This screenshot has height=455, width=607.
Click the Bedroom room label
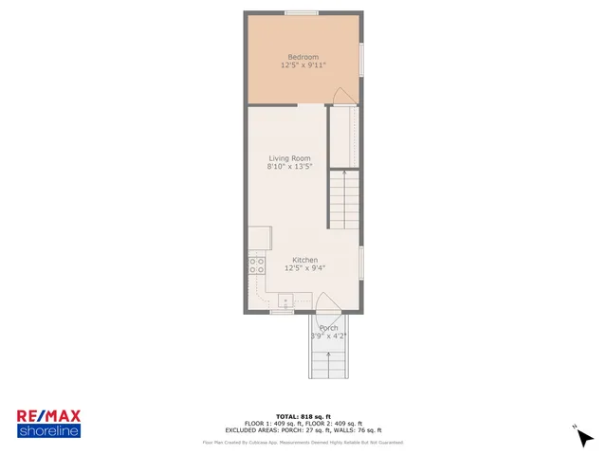pos(303,57)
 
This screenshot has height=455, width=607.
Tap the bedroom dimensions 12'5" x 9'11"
pos(303,66)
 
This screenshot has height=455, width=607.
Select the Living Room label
pos(289,158)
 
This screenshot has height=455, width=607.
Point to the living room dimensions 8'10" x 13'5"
pos(289,168)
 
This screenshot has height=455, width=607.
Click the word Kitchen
pos(304,260)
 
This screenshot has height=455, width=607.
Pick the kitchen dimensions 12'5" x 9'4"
pos(304,268)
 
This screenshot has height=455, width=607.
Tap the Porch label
pos(328,328)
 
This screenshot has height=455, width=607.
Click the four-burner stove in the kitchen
pos(256,265)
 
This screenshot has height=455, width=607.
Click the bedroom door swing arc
pos(344,96)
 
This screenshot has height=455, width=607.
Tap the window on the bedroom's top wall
pos(302,12)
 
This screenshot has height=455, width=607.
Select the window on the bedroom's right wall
pos(359,59)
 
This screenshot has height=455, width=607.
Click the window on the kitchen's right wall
pos(360,262)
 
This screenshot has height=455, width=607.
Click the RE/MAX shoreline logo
pos(48,423)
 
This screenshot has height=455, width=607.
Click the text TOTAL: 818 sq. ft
pos(303,417)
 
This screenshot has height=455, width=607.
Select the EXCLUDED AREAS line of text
pos(303,430)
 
